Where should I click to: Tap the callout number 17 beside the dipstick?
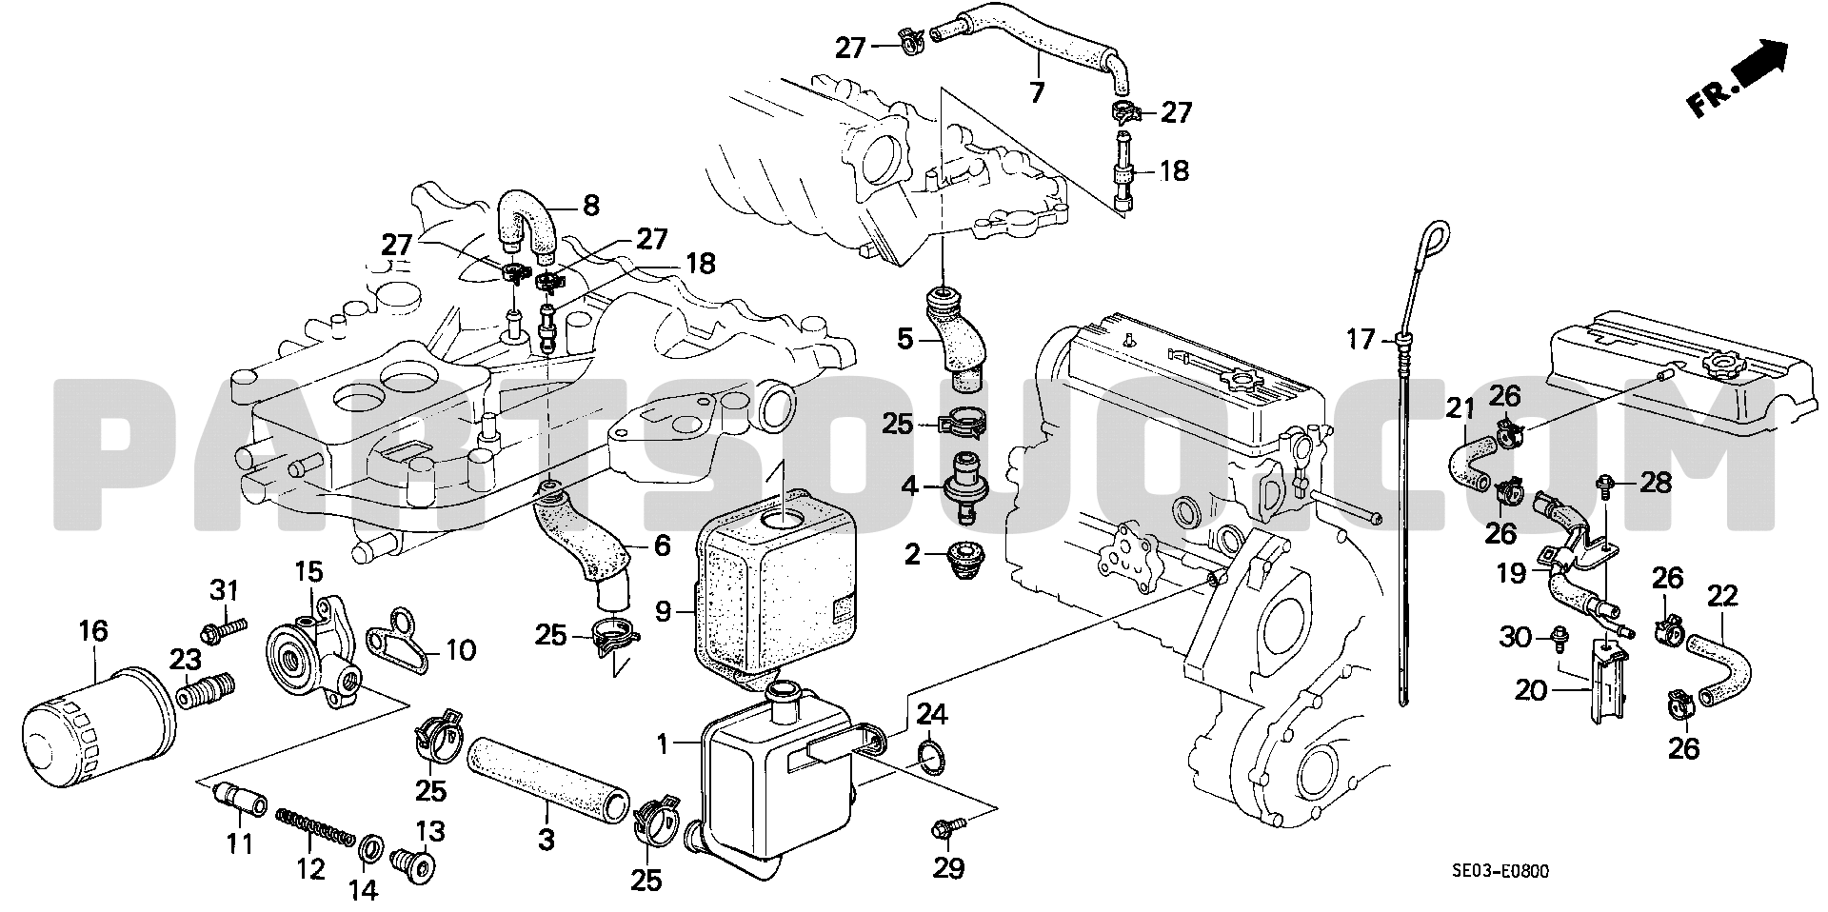1362,338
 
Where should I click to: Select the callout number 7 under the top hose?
1038,91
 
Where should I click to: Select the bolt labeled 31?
225,627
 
